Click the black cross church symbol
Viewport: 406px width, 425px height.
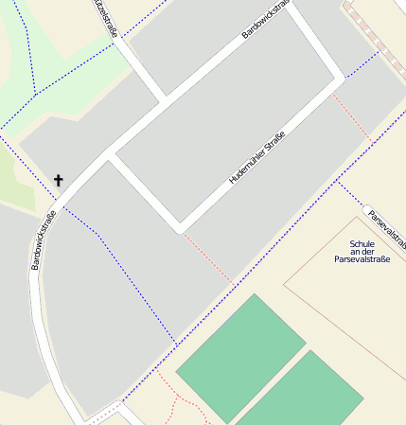click(x=59, y=180)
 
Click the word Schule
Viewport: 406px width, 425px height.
click(x=362, y=243)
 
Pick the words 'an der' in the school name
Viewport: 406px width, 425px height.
click(x=362, y=252)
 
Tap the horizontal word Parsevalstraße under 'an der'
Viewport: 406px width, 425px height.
click(x=362, y=260)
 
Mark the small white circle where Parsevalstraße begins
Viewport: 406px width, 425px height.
click(x=365, y=207)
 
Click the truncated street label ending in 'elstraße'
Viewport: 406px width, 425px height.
click(x=107, y=18)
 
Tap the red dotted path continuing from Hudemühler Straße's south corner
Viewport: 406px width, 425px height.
click(x=206, y=256)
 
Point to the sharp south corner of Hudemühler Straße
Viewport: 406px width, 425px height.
click(x=180, y=229)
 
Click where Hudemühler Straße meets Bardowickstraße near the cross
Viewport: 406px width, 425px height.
click(x=110, y=155)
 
